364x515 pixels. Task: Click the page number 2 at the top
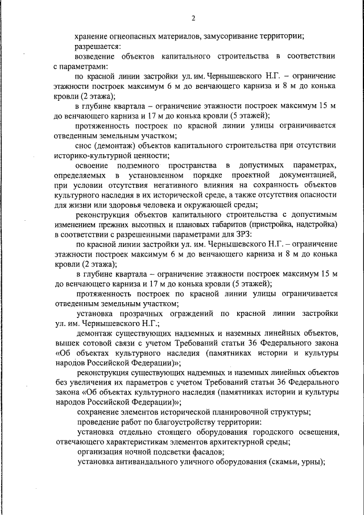tap(193, 18)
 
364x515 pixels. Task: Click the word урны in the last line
tap(312, 462)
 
